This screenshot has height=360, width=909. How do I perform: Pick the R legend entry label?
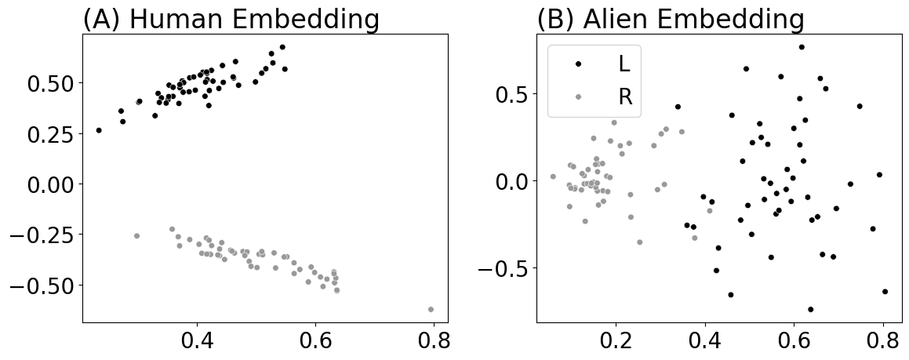pyautogui.click(x=625, y=96)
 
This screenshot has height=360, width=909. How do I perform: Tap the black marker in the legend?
pyautogui.click(x=578, y=63)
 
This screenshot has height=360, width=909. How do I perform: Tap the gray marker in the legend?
pyautogui.click(x=578, y=96)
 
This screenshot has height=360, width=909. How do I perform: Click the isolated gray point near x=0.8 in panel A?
pyautogui.click(x=431, y=309)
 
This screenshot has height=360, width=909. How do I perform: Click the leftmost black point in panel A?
pyautogui.click(x=99, y=130)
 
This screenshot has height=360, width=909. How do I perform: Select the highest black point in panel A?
pyautogui.click(x=282, y=47)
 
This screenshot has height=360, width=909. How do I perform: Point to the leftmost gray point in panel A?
pyautogui.click(x=136, y=235)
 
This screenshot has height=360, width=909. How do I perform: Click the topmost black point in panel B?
pyautogui.click(x=802, y=47)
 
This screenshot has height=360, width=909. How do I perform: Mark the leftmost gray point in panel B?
pyautogui.click(x=553, y=176)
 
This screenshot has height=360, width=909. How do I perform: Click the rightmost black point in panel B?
pyautogui.click(x=885, y=291)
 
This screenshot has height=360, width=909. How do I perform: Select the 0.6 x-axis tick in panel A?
pyautogui.click(x=315, y=342)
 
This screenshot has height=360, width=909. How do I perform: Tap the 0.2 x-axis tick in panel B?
pyautogui.click(x=616, y=342)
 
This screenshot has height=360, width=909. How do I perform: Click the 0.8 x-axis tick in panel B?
pyautogui.click(x=883, y=342)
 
